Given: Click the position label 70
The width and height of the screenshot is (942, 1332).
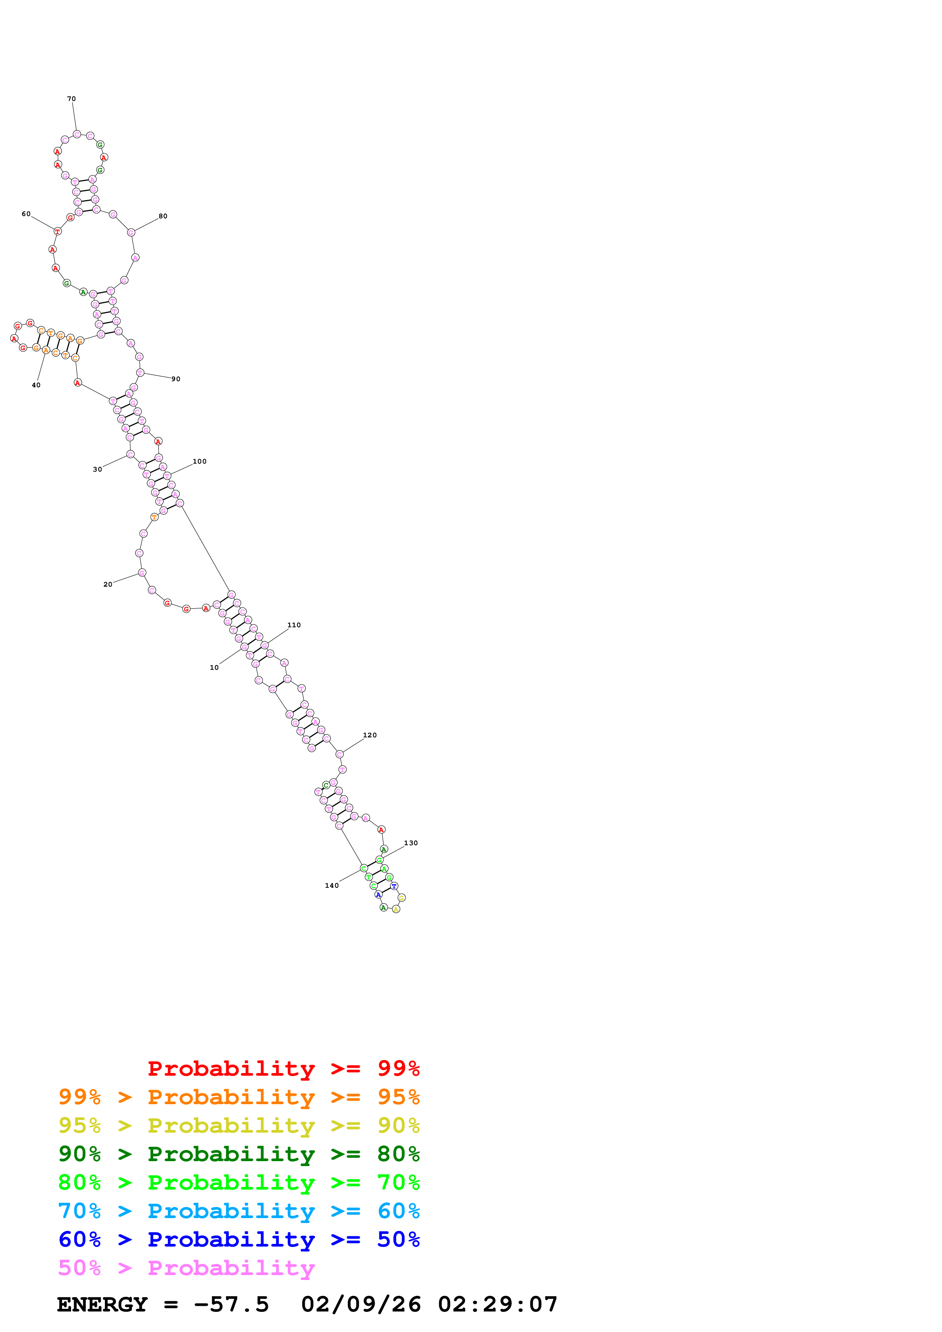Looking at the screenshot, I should point(71,99).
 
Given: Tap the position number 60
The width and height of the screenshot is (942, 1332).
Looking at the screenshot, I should point(26,214).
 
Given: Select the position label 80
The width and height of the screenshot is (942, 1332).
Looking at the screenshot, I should point(163,216).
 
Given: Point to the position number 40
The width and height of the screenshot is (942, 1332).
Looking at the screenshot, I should point(36,385).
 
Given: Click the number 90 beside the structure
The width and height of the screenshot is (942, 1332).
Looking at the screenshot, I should point(176,379).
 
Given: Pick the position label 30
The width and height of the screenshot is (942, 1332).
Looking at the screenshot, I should point(98,469).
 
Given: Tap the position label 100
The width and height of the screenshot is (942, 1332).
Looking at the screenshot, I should point(199,462).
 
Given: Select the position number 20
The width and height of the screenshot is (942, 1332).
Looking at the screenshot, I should point(108,584).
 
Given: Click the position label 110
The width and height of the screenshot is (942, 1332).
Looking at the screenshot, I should point(294,625).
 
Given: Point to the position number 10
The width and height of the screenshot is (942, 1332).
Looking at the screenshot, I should point(214,668).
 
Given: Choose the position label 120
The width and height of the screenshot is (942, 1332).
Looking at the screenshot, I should point(370,735).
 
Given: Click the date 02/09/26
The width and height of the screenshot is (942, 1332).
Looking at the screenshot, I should point(361,1305).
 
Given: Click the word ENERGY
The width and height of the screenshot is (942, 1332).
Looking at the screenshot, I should point(102,1305).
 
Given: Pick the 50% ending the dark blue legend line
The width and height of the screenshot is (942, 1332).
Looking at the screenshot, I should point(398,1239).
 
